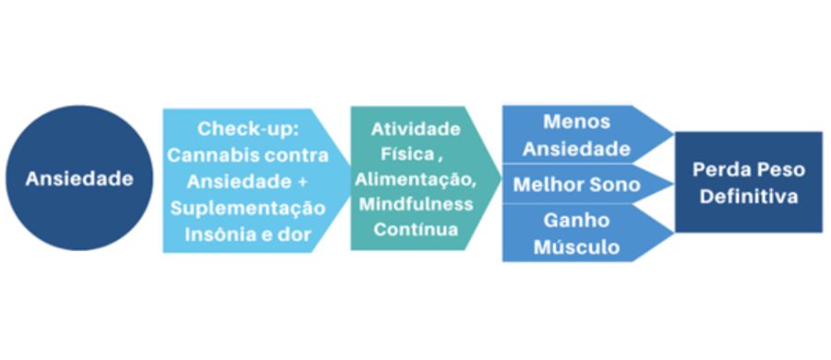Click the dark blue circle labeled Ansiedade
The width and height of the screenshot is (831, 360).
pos(78,178)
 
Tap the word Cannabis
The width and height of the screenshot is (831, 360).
pos(209,154)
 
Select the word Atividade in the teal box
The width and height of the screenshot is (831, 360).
pos(415,128)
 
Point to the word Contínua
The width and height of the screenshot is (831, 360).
pos(415,228)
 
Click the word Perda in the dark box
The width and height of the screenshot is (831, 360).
pos(721,170)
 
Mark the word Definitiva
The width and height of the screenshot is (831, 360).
pos(748,197)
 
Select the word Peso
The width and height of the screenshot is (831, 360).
pos(780,170)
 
